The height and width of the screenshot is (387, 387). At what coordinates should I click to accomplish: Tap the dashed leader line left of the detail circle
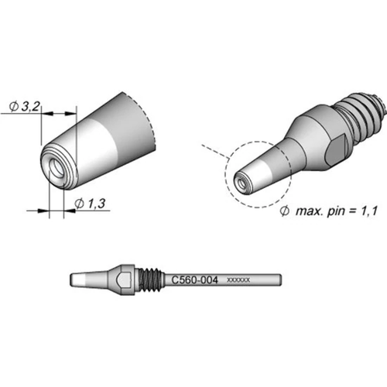pos(211,148)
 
